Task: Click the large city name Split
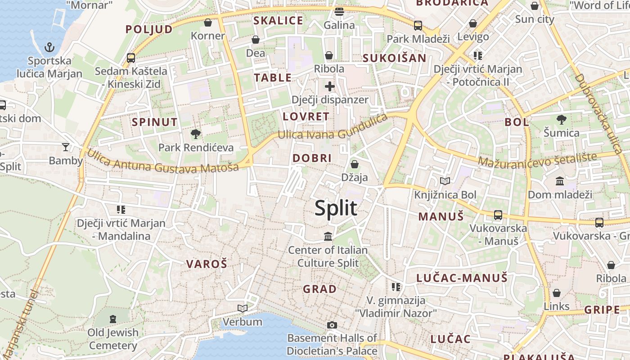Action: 336,208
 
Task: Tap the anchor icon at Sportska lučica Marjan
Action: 49,47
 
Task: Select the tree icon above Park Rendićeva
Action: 195,134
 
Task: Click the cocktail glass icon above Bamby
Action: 66,147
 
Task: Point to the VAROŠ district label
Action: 207,264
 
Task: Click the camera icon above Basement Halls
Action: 332,325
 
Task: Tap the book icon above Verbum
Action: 243,308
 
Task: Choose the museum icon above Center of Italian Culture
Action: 328,236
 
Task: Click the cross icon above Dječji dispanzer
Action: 330,86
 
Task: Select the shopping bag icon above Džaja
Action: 355,164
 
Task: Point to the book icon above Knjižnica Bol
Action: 445,181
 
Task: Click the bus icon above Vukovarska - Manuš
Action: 498,215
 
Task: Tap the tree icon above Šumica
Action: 561,120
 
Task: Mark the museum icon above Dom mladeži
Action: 560,181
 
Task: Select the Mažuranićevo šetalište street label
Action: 537,159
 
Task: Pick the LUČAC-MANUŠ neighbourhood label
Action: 462,278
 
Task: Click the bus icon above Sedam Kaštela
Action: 131,58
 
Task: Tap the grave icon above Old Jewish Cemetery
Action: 113,319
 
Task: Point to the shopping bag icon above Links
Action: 557,293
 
